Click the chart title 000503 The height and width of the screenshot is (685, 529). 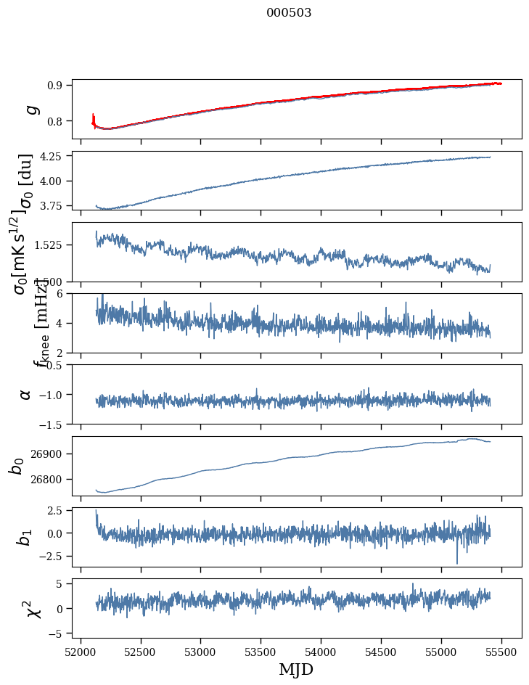pyautogui.click(x=289, y=12)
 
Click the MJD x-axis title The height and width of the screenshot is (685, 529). pyautogui.click(x=296, y=669)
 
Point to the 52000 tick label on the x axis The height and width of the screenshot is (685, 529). pyautogui.click(x=81, y=651)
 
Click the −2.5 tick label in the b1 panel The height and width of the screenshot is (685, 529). pyautogui.click(x=52, y=556)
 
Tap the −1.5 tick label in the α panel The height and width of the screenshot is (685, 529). pyautogui.click(x=52, y=423)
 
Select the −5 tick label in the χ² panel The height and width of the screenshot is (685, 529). pyautogui.click(x=57, y=633)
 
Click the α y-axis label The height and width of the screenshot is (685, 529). pyautogui.click(x=25, y=394)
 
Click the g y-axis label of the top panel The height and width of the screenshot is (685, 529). pyautogui.click(x=30, y=109)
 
